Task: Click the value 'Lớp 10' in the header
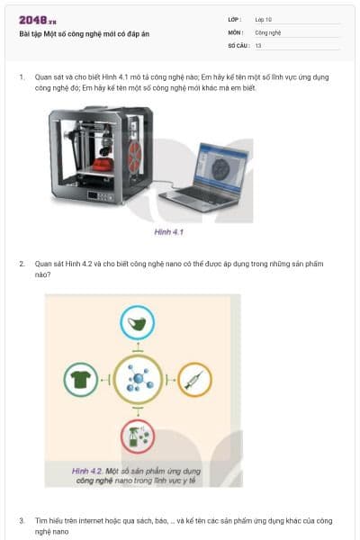click(x=264, y=19)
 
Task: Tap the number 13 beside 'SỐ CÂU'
click(x=258, y=45)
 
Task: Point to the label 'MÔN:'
click(x=235, y=31)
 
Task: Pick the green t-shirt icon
click(x=81, y=380)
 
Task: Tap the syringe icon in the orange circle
click(x=193, y=380)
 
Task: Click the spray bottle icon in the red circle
click(x=138, y=436)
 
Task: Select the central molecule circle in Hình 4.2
click(x=138, y=380)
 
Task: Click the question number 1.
click(x=22, y=78)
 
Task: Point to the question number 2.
click(x=22, y=264)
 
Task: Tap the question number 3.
click(x=22, y=520)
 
